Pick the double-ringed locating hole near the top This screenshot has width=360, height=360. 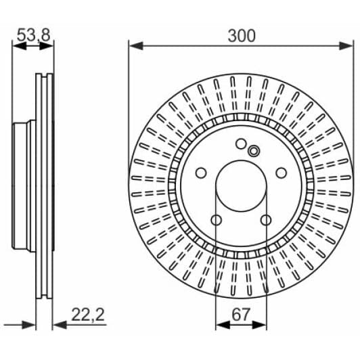[x=254, y=150]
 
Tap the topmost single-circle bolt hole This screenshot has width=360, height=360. [x=241, y=143]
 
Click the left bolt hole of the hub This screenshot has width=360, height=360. [x=201, y=173]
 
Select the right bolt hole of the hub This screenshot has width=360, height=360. [x=281, y=173]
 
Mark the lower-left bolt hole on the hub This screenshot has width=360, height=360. [x=217, y=220]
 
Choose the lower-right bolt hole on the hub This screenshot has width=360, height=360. [x=266, y=220]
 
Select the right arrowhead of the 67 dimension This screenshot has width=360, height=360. [x=263, y=324]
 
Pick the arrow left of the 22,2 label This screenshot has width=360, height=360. [x=59, y=324]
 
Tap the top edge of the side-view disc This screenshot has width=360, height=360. [x=45, y=73]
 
